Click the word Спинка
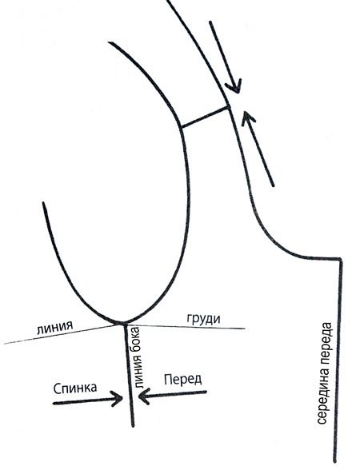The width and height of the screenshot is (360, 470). [75, 388]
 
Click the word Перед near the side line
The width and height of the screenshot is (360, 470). [182, 380]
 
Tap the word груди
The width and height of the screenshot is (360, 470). [204, 319]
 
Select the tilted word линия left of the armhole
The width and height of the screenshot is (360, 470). [55, 329]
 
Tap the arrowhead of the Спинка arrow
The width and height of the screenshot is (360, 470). [118, 398]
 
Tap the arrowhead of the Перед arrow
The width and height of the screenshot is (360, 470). [143, 396]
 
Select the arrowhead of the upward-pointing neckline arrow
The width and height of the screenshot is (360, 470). [246, 116]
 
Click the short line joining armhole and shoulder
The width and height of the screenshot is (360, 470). [205, 117]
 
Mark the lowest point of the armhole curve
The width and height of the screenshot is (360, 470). [122, 323]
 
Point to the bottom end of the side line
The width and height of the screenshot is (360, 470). [132, 425]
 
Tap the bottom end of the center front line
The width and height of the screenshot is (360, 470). [334, 462]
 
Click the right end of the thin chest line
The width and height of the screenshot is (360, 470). [245, 329]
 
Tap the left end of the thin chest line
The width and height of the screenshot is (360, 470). [5, 344]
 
